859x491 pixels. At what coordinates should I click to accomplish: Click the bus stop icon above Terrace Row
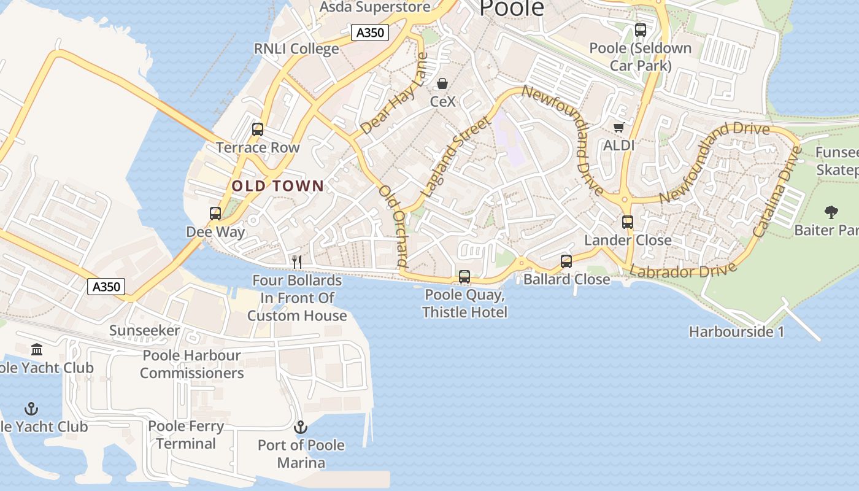(x=258, y=130)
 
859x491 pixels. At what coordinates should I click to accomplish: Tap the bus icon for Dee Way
(x=215, y=214)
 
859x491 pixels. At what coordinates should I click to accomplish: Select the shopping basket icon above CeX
(x=442, y=83)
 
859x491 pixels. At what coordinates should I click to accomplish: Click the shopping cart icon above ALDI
(x=618, y=127)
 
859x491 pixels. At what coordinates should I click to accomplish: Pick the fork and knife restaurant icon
(x=297, y=261)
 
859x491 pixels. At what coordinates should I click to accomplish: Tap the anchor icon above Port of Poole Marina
(x=301, y=427)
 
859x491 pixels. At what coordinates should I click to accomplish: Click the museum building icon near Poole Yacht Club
(x=37, y=350)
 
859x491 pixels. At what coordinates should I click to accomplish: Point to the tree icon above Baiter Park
(x=831, y=212)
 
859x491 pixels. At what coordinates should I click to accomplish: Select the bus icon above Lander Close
(x=627, y=222)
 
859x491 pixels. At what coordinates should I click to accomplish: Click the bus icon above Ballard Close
(x=566, y=261)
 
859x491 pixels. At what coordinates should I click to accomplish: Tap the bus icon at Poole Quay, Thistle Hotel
(x=464, y=277)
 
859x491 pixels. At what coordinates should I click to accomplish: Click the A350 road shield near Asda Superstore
(x=371, y=33)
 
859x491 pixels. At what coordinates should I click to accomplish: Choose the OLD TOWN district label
(x=278, y=186)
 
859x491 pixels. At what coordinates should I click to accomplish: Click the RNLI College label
(x=296, y=49)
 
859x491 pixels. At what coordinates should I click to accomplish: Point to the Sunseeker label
(x=145, y=331)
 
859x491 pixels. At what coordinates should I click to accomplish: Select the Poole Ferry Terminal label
(x=186, y=435)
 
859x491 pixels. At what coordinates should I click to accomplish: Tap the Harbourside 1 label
(x=736, y=332)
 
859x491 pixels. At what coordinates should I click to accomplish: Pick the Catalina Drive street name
(x=777, y=191)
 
